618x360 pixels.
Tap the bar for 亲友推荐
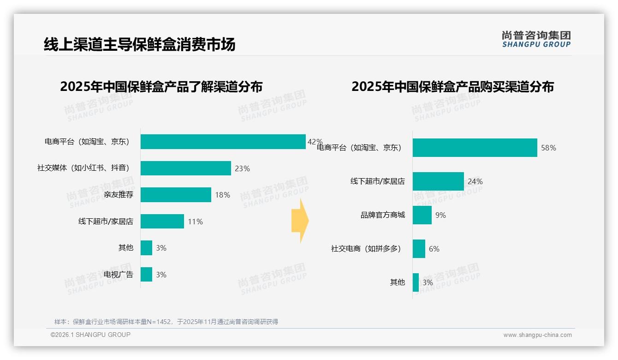click(x=176, y=195)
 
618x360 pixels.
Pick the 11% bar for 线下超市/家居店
click(x=162, y=222)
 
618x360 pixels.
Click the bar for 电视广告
click(x=146, y=275)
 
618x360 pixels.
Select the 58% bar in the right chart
click(x=475, y=148)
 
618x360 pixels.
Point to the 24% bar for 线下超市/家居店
click(x=438, y=181)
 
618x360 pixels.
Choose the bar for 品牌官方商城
click(x=422, y=215)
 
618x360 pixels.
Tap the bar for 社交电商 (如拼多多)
click(x=419, y=249)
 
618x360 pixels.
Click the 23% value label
click(x=242, y=169)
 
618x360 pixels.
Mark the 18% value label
click(x=222, y=195)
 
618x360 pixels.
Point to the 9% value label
click(x=440, y=215)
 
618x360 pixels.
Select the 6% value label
click(x=434, y=249)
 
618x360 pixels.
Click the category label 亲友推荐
click(x=119, y=195)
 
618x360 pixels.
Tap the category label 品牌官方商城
click(x=383, y=215)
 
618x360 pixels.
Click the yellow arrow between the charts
click(x=300, y=221)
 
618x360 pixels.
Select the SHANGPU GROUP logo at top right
click(x=536, y=39)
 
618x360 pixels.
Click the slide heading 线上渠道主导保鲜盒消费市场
click(x=139, y=44)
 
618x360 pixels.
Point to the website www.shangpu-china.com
click(x=537, y=335)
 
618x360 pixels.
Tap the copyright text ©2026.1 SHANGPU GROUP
click(x=90, y=335)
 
